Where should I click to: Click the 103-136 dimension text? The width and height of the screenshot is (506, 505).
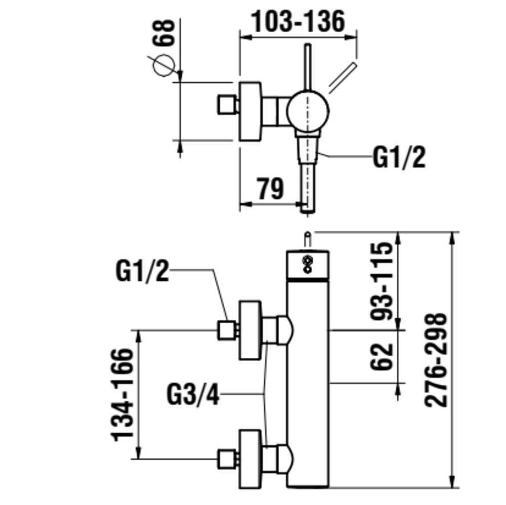click(x=298, y=21)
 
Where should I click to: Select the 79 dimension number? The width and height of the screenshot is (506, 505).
click(x=270, y=189)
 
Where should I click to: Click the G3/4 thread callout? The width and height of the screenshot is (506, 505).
click(x=193, y=395)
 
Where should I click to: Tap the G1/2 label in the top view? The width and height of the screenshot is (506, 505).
click(x=399, y=158)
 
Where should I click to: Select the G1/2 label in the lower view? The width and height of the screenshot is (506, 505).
click(x=142, y=271)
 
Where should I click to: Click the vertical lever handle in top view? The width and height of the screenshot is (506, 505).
click(x=307, y=66)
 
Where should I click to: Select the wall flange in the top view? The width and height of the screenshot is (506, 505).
click(x=250, y=111)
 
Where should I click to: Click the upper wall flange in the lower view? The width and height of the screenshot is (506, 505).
click(x=250, y=330)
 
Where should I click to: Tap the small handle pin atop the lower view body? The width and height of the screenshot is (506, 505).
click(x=307, y=239)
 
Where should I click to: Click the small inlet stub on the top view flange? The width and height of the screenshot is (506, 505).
click(x=227, y=105)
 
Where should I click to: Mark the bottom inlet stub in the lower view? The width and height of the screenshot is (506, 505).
click(x=227, y=459)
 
